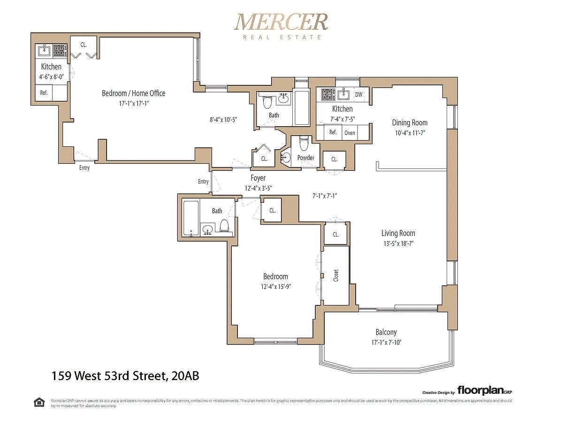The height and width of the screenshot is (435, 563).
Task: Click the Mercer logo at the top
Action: pyautogui.click(x=281, y=26)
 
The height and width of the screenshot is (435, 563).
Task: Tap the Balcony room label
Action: pyautogui.click(x=386, y=332)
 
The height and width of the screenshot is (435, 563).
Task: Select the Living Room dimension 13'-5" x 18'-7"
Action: pyautogui.click(x=398, y=243)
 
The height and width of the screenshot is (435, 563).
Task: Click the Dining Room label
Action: pyautogui.click(x=410, y=122)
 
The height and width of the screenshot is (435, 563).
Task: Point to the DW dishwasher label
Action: pyautogui.click(x=358, y=95)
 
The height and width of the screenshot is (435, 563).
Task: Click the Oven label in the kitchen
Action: pyautogui.click(x=350, y=133)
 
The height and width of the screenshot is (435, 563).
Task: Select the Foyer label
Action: pyautogui.click(x=258, y=178)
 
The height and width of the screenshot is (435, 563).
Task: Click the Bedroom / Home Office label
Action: pyautogui.click(x=133, y=93)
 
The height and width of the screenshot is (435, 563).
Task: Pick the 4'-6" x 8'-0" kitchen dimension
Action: pyautogui.click(x=52, y=76)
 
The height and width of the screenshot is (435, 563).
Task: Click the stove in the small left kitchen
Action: pyautogui.click(x=60, y=50)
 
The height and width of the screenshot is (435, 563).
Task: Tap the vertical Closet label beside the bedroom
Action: pyautogui.click(x=336, y=275)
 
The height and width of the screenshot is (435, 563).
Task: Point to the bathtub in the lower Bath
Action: pyautogui.click(x=191, y=218)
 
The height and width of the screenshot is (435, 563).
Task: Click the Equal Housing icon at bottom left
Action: pyautogui.click(x=39, y=403)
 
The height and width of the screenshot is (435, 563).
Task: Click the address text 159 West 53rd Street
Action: pyautogui.click(x=108, y=376)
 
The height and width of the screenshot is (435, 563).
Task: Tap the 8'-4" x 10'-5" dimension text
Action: pyautogui.click(x=223, y=120)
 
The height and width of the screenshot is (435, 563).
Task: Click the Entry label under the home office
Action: pyautogui.click(x=84, y=168)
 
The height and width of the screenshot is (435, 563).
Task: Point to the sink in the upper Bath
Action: pyautogui.click(x=283, y=98)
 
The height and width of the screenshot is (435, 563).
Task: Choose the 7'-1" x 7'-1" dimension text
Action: pyautogui.click(x=325, y=196)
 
